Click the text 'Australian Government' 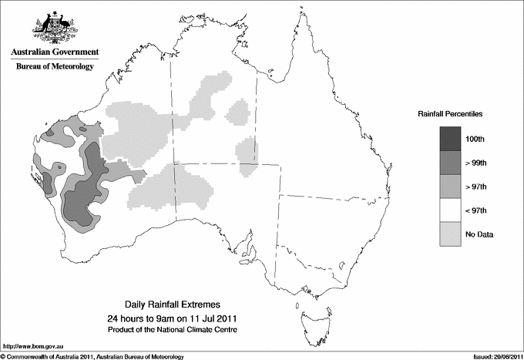[x=55, y=52]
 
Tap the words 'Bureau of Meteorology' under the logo [x=55, y=67]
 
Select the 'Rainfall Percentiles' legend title [x=450, y=113]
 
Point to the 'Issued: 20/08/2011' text [x=493, y=356]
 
